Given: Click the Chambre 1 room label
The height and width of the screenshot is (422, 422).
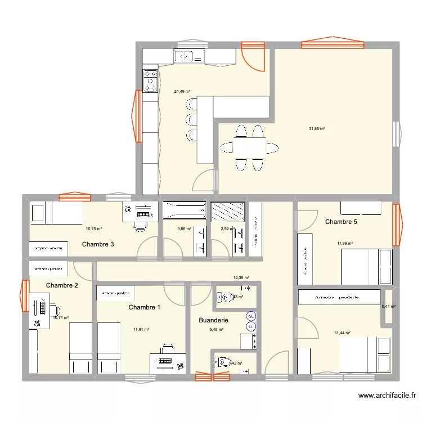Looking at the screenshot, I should tap(144, 307).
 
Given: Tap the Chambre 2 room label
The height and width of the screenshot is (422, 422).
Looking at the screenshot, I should tap(62, 285).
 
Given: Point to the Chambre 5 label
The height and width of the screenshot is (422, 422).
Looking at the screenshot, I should tap(341, 222).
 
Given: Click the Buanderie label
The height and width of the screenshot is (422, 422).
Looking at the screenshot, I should tap(214, 320).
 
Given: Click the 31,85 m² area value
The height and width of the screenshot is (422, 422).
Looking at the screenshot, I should tap(317, 128).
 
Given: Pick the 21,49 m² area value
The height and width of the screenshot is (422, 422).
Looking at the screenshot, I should tap(182, 91).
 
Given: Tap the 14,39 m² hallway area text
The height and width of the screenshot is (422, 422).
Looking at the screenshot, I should tap(241, 278).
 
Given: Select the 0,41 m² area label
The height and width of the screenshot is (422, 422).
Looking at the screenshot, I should tap(389, 307).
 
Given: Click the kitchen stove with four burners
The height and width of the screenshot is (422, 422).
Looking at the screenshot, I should tap(150, 80).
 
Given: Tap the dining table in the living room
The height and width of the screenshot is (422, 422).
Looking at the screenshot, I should tap(249, 148).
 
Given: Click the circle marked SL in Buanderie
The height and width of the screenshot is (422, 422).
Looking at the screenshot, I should tap(252, 316).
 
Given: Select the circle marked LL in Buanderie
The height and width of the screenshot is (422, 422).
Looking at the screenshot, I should tap(252, 325).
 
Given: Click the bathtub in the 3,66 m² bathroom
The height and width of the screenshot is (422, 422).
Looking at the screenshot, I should tap(184, 210).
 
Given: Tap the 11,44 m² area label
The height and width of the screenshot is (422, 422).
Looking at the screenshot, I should tap(342, 333).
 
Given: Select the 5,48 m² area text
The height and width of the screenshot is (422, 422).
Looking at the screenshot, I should tap(216, 330).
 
